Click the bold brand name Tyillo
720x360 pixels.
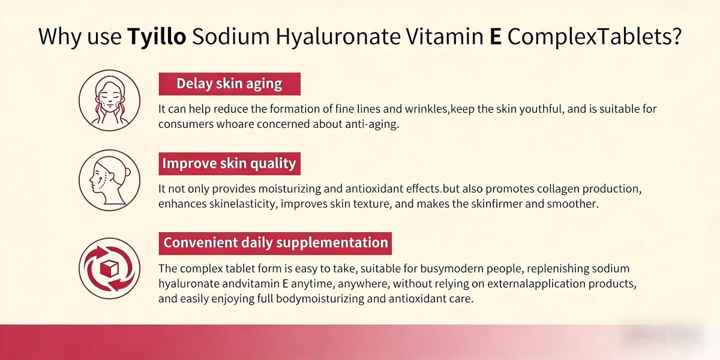(157, 37)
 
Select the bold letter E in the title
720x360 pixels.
(495, 37)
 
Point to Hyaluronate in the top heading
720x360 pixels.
(338, 37)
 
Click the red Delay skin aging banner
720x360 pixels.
(229, 84)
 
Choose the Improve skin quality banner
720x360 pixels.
(229, 163)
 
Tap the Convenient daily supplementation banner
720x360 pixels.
(275, 243)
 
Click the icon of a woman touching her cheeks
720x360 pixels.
(109, 100)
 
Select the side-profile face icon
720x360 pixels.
(109, 179)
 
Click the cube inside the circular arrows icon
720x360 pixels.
(110, 268)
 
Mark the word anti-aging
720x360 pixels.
(373, 124)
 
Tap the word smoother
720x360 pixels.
(573, 204)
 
